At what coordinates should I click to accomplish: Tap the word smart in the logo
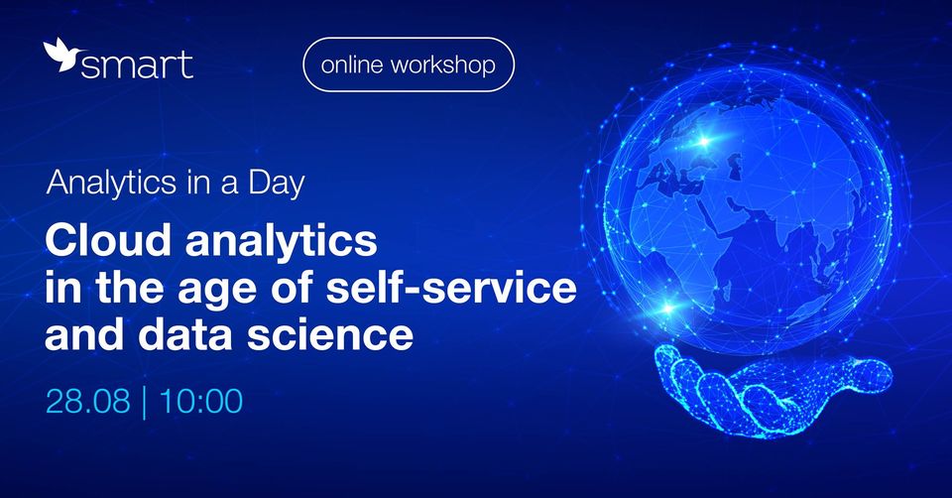[x=137, y=64]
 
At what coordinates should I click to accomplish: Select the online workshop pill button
[x=409, y=64]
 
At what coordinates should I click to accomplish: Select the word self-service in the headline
[x=451, y=287]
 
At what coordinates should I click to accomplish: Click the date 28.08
[x=88, y=402]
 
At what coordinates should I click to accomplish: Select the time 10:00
[x=200, y=402]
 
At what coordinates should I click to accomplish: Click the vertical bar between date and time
[x=144, y=403]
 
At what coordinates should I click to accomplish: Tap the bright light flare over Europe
[x=704, y=142]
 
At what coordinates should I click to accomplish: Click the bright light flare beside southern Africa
[x=667, y=308]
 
